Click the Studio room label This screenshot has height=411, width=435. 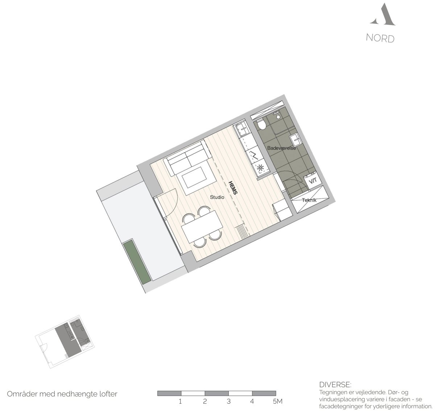217,197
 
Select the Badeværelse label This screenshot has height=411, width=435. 281,148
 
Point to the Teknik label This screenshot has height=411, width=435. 309,200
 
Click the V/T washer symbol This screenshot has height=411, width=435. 313,181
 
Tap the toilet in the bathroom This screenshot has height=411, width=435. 261,124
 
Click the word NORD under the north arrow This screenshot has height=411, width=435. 380,38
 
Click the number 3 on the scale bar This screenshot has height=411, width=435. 228,401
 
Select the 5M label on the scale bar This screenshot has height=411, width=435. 278,401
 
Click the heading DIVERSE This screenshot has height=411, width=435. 335,385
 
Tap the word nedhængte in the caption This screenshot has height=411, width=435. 72,394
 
